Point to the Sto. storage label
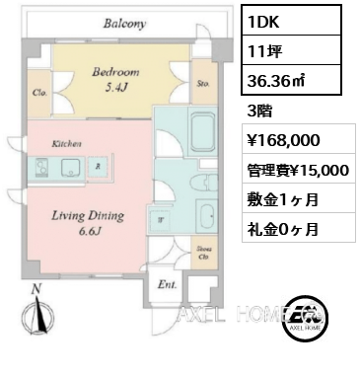202,85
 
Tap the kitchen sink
73,167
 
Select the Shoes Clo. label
202,252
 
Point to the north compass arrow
36,314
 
